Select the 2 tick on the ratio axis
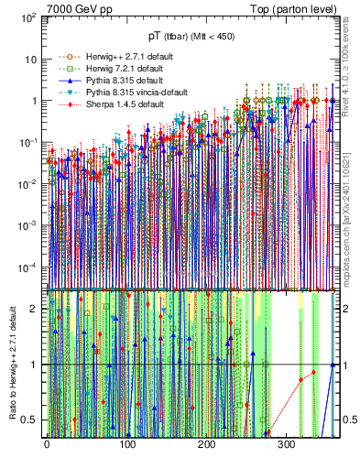(x=35, y=309)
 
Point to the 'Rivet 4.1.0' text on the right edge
(x=348, y=55)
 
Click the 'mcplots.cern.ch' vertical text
(x=348, y=238)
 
